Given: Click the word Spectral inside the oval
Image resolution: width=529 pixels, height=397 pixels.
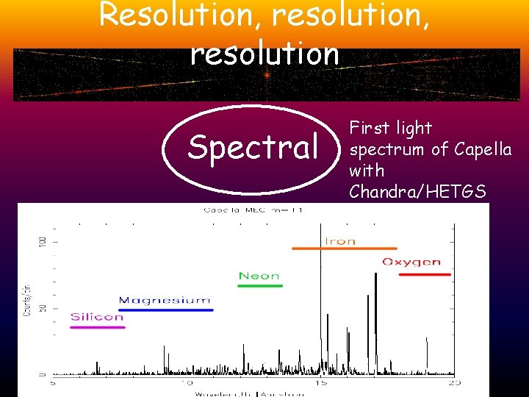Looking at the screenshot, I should pos(252,146).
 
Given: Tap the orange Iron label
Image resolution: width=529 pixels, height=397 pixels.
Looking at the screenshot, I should pos(340,240).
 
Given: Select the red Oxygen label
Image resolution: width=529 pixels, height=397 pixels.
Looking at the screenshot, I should pos(411,262).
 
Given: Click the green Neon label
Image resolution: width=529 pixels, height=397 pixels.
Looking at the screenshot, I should pos(259,276).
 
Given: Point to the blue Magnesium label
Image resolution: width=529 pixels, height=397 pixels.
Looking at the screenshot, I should pos(165,300).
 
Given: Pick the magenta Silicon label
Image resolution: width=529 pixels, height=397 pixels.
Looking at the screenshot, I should pos(97,317).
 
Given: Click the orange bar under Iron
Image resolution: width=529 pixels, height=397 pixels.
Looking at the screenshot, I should pos(344,249).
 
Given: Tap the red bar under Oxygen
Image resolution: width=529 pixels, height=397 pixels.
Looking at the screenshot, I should pos(424,274).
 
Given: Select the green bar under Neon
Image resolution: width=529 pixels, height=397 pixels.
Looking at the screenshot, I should pos(260,285).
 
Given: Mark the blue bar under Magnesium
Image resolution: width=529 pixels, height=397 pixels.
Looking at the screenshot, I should pos(166,310).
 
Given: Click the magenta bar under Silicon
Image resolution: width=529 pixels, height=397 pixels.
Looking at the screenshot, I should pos(98,327).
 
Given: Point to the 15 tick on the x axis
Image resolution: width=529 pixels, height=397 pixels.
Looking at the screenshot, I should pos(321,383).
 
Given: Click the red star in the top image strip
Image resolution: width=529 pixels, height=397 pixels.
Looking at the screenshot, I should pos(267,75).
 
